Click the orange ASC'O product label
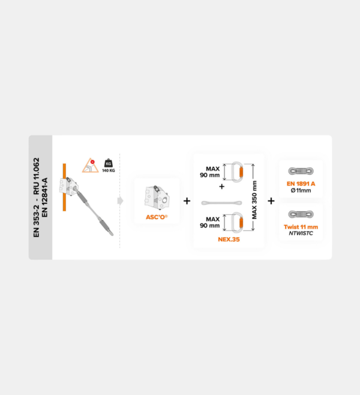click(157, 217)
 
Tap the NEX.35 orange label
click(229, 240)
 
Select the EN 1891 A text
click(301, 184)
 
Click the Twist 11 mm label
click(301, 227)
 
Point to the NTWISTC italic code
click(301, 234)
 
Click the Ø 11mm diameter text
click(301, 190)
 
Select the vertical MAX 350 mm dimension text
click(254, 200)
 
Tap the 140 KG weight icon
click(109, 166)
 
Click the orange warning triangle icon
click(90, 165)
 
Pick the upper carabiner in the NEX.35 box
click(238, 172)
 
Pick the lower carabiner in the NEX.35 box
click(238, 222)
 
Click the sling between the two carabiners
click(221, 203)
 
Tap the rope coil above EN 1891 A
click(301, 171)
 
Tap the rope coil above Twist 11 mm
click(301, 215)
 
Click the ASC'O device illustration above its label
click(157, 197)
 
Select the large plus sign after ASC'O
click(187, 201)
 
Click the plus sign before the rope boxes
click(271, 201)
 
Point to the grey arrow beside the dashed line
click(121, 201)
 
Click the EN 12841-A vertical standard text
click(44, 197)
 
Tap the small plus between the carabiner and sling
click(222, 187)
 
